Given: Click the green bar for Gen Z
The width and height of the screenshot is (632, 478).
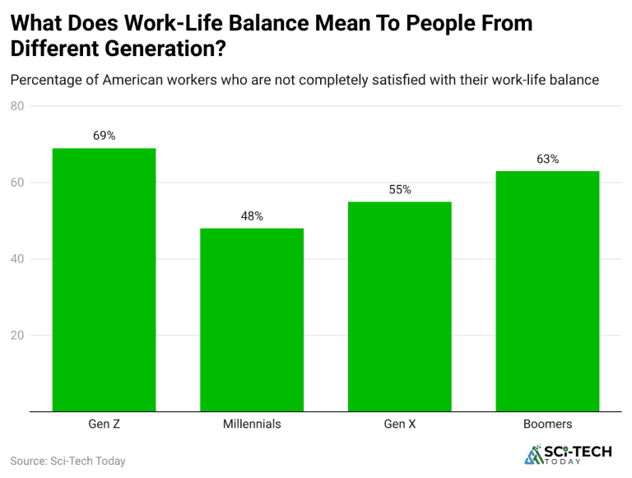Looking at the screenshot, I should coord(104,280).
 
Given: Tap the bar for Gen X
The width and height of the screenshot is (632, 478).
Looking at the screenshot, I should coord(400,306).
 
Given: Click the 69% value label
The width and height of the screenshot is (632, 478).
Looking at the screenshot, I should coord(105,136).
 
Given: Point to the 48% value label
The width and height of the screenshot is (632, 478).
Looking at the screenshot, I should coord(252,216).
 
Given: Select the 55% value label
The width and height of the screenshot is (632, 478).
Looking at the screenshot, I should coord(400,189).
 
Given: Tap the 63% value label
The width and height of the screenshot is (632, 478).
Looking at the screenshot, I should coord(547,159).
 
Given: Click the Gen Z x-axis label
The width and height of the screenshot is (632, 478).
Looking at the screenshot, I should coord(105,425).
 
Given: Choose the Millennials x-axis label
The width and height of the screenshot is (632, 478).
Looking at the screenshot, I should coord(252,425).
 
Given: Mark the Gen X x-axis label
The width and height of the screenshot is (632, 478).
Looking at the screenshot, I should coord(400,425).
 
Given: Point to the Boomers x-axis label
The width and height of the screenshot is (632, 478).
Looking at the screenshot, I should coord(547,425).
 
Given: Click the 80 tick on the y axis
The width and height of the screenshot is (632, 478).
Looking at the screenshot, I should coord(18,106).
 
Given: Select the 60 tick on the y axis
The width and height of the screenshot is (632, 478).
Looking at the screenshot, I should coord(18,183).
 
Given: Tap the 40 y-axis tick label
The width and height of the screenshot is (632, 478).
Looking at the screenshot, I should coord(18,259).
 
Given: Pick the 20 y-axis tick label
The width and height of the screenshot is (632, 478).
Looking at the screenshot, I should coord(18,336).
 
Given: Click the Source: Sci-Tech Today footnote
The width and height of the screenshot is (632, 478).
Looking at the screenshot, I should coord(67,461).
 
